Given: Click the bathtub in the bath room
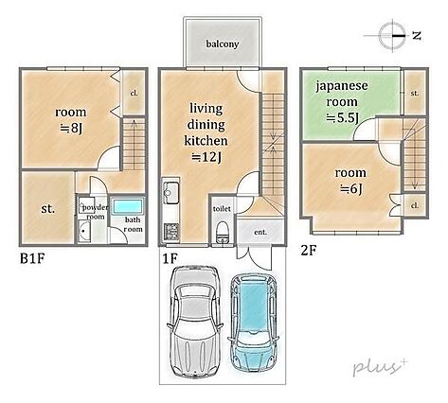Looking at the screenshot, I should (x=131, y=208).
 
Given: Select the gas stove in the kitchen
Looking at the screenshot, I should (x=171, y=230).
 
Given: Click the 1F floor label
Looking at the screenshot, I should (x=170, y=257).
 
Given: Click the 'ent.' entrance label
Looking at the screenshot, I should (x=259, y=231).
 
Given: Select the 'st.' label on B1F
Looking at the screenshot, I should (x=45, y=208).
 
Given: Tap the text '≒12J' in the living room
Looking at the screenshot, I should (x=206, y=157).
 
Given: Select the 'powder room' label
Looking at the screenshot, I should (x=95, y=212).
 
